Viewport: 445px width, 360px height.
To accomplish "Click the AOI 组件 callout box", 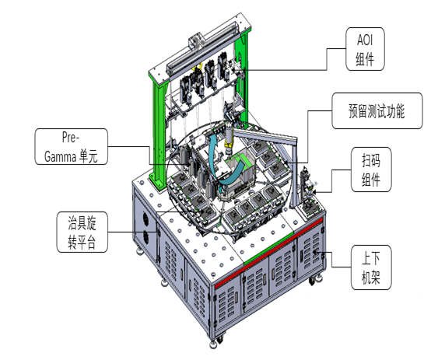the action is [x=365, y=49].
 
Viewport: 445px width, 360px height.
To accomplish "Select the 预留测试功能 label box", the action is [x=377, y=110].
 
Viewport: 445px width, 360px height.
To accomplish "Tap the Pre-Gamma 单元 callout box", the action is [x=72, y=146].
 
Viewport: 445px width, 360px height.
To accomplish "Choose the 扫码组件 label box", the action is [x=371, y=170].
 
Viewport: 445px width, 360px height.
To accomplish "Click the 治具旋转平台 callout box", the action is [x=82, y=232].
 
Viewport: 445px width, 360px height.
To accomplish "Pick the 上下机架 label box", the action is [x=371, y=267].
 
